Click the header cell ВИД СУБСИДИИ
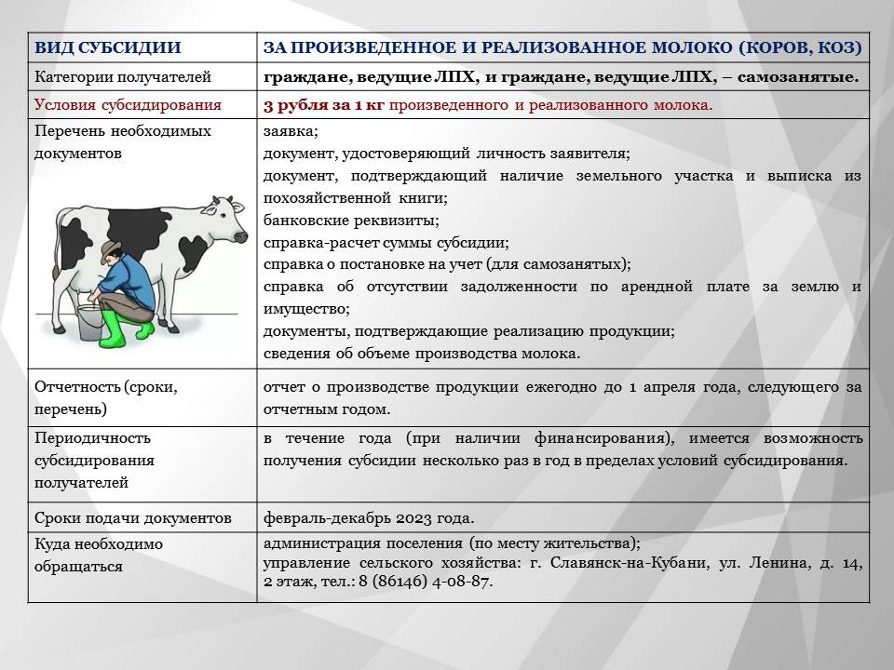(x=108, y=47)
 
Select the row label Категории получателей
(x=123, y=77)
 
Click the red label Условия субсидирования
(x=128, y=105)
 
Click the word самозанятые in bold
(x=798, y=77)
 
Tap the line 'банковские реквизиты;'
(x=351, y=221)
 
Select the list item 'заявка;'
(x=291, y=131)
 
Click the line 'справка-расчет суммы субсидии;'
(x=386, y=243)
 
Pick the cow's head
(x=226, y=220)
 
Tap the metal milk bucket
(x=89, y=322)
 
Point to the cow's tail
(x=57, y=245)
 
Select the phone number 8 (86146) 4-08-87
(x=426, y=582)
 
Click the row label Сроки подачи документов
(x=133, y=518)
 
